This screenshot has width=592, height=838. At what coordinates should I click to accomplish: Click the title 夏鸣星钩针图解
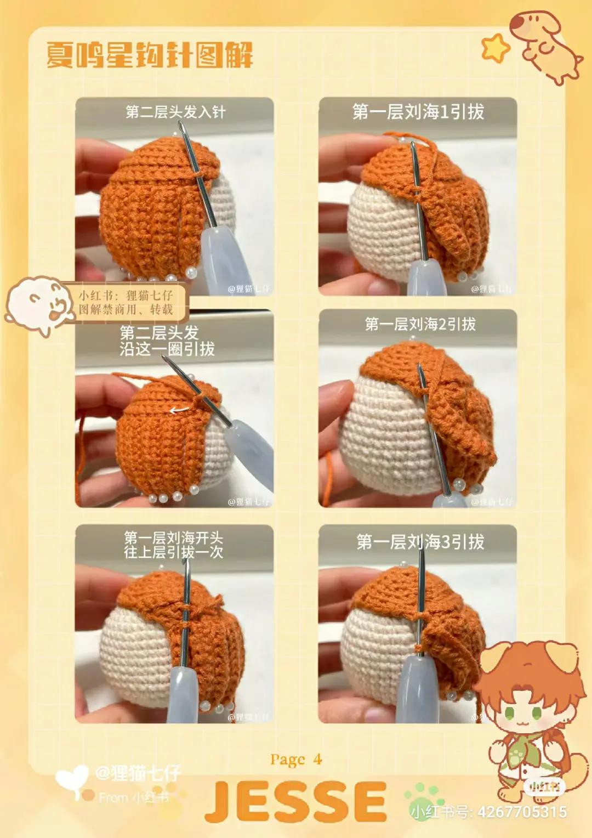point(149,55)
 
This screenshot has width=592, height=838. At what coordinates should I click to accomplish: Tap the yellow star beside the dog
point(495,48)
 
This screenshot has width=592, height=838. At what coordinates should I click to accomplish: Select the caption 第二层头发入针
point(175,112)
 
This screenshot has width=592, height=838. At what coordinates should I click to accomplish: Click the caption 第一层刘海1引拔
point(418,112)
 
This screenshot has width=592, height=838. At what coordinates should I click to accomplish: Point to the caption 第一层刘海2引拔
point(420,324)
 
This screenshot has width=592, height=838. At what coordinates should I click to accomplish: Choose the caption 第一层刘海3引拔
point(420,542)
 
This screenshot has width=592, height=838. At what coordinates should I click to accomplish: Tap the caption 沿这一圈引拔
point(167,349)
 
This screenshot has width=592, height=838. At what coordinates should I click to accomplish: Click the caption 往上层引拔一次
point(173,552)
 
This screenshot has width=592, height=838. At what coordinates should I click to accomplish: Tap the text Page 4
point(295,760)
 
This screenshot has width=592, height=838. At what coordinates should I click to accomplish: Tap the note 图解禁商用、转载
point(126,309)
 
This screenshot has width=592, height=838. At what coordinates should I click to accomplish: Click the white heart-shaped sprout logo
point(72,782)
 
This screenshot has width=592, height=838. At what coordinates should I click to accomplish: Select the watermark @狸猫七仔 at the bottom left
point(138,773)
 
